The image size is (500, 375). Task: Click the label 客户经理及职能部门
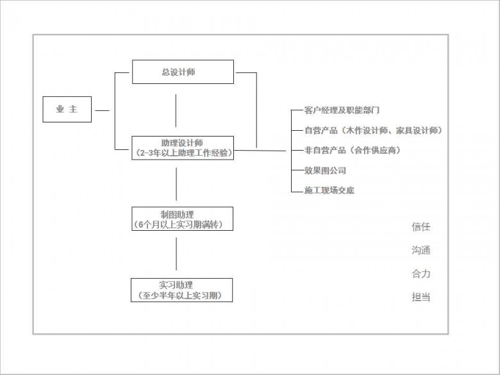coord(342,110)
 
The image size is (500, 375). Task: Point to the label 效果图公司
coord(325,171)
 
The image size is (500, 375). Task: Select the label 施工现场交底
coord(329,190)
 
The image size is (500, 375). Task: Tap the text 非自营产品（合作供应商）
coord(353,150)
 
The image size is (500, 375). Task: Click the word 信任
coord(421,227)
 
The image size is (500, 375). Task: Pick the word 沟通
coord(421,250)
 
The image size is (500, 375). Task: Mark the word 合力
coord(421,274)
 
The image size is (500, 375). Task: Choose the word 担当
coord(421,297)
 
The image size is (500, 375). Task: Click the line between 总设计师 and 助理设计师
coord(176,110)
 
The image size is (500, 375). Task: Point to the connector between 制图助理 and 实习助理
coord(176,254)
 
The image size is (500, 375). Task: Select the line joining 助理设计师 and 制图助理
coord(176,184)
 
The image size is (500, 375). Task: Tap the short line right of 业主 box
coord(103,111)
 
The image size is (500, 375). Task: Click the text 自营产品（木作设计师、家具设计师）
coord(374,130)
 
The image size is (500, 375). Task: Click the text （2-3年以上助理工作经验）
coord(183,153)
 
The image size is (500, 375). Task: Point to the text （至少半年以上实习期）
coord(182,296)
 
